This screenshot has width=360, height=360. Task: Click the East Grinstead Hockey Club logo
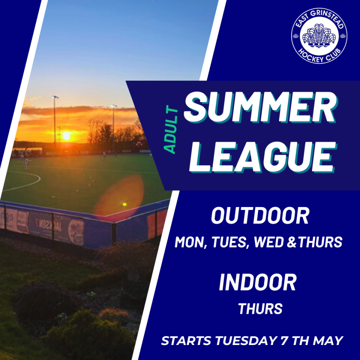tap(319, 36)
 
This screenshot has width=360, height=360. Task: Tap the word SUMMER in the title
tap(260, 108)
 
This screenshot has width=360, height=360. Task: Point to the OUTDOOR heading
tap(260, 216)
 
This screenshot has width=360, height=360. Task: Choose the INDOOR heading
tap(258, 282)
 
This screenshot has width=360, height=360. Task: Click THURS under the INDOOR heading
tap(260, 309)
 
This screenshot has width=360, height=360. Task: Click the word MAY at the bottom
tap(328, 340)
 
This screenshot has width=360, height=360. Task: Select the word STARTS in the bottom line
tap(186, 340)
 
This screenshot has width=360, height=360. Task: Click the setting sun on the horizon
tap(66, 136)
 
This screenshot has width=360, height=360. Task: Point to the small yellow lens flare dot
tap(124, 204)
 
